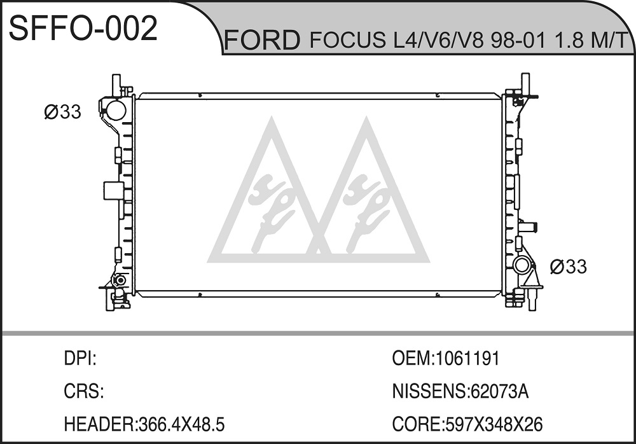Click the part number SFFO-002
(x=83, y=28)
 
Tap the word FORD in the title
(x=262, y=40)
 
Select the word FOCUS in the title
(x=348, y=40)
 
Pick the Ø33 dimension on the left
(x=63, y=111)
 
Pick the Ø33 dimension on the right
(x=568, y=267)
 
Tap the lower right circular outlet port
(x=522, y=267)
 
